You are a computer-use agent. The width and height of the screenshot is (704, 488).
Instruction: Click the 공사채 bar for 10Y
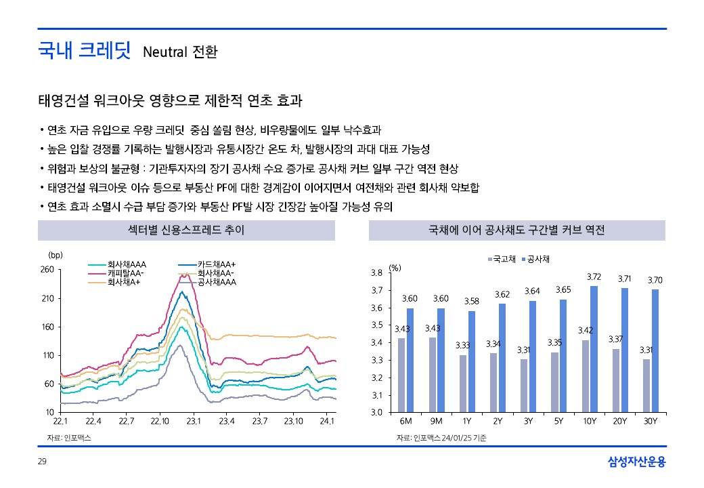coord(594,348)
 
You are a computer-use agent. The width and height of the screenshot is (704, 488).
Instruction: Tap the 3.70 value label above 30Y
coord(655,280)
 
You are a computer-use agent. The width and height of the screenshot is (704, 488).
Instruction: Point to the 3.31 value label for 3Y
coord(523,350)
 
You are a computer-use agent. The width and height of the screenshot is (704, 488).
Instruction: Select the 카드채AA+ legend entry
coord(216,264)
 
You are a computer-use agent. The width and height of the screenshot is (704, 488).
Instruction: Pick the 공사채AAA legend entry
coord(216,281)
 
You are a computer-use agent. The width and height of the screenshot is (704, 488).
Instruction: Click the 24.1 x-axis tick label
coord(327,422)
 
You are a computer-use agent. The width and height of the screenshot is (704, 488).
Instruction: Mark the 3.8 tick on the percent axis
coord(377,273)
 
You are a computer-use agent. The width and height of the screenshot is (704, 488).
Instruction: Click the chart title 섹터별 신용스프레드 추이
coord(186,230)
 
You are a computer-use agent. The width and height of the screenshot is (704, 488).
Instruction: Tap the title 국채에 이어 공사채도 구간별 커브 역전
coord(517,230)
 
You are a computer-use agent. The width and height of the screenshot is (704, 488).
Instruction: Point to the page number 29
coord(43,462)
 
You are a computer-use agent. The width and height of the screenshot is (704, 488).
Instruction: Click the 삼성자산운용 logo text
coord(637,462)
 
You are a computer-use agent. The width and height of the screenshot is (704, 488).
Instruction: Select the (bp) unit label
coord(56,256)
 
